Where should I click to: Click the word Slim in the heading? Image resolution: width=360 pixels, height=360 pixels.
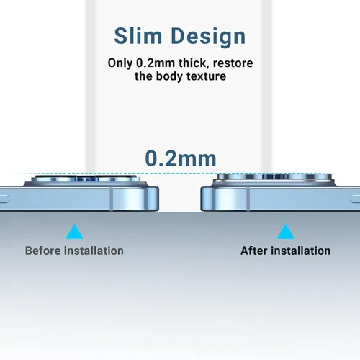pyautogui.click(x=138, y=36)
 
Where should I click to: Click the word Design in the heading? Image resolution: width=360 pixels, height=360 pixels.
pyautogui.click(x=208, y=37)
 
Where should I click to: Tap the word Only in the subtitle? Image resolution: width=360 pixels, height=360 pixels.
pyautogui.click(x=120, y=63)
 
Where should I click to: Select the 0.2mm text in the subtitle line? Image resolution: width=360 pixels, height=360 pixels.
pyautogui.click(x=156, y=63)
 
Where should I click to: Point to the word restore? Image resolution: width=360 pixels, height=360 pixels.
pyautogui.click(x=233, y=63)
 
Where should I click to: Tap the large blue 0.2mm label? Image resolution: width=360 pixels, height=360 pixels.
pyautogui.click(x=181, y=158)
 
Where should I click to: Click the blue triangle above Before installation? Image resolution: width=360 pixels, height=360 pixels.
pyautogui.click(x=74, y=233)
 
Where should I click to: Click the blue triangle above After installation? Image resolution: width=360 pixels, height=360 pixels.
pyautogui.click(x=285, y=233)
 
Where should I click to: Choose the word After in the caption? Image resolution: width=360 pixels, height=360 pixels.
pyautogui.click(x=254, y=251)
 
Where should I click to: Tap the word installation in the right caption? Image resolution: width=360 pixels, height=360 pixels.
pyautogui.click(x=301, y=251)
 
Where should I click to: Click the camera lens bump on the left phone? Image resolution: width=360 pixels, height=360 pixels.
pyautogui.click(x=85, y=181)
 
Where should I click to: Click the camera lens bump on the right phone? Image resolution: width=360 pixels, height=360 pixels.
pyautogui.click(x=274, y=179)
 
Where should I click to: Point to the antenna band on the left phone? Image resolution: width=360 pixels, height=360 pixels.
pyautogui.click(x=112, y=199)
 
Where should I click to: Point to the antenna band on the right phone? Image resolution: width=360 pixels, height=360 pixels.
pyautogui.click(x=248, y=199)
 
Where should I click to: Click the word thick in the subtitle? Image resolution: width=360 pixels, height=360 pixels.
pyautogui.click(x=192, y=63)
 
